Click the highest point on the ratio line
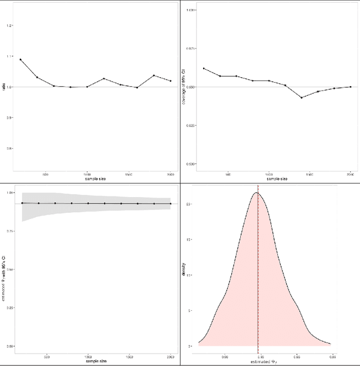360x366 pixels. [x=20, y=59]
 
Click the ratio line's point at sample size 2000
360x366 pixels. [x=170, y=81]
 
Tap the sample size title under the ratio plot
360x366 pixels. [x=94, y=178]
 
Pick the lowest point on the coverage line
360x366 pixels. [x=301, y=97]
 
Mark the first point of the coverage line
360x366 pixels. [x=204, y=69]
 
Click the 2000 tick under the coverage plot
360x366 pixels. [x=350, y=174]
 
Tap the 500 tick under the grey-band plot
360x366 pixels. [x=47, y=356]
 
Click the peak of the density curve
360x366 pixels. [x=256, y=193]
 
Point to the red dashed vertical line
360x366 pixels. [x=258, y=270]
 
